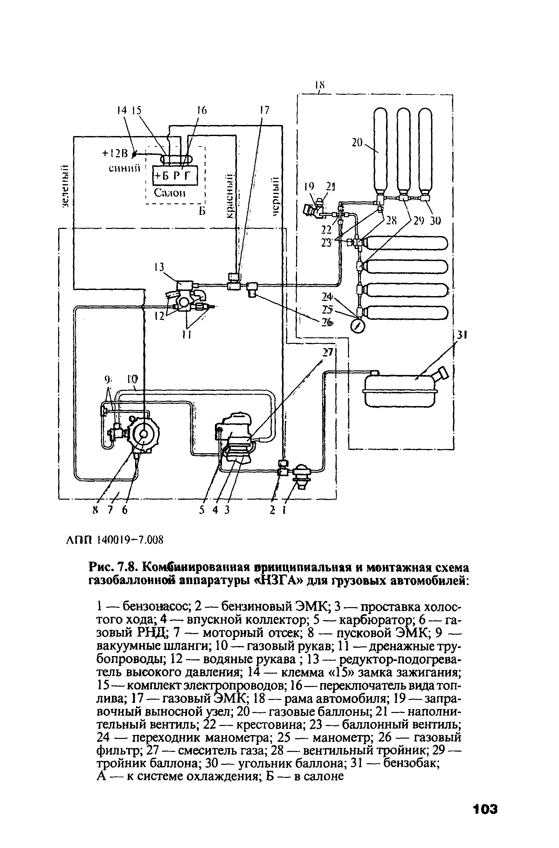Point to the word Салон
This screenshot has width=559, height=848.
[x=170, y=193]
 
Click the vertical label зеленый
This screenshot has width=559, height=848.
[x=64, y=187]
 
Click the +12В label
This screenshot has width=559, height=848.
[x=115, y=154]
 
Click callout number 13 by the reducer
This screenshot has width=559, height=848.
[x=159, y=267]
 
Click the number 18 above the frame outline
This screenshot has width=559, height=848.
[x=320, y=85]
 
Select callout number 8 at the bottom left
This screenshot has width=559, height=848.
[x=94, y=510]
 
